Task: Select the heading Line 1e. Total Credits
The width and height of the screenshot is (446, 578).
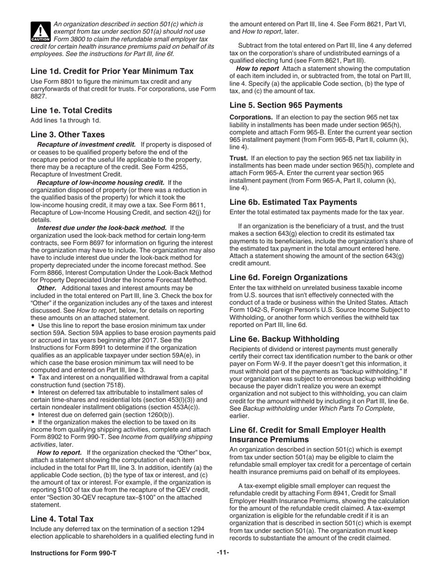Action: coord(71,110)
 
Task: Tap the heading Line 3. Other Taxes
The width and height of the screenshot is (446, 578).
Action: coord(68,134)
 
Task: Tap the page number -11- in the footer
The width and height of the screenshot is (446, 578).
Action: coord(223,553)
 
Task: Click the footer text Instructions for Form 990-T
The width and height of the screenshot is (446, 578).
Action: coord(73,553)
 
